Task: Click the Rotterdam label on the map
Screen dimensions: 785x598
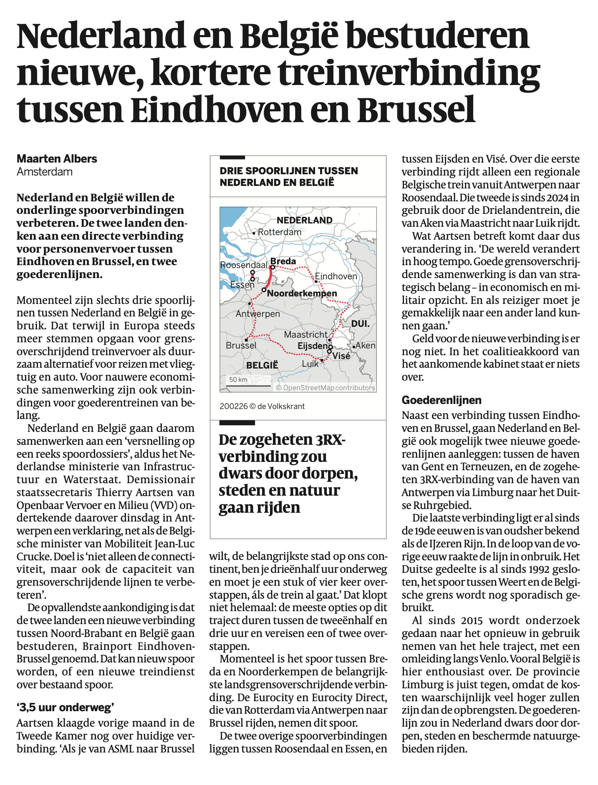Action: point(280,232)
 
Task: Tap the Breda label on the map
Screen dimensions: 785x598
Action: point(283,261)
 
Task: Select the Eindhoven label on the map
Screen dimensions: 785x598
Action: point(336,276)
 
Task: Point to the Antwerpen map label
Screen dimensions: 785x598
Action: point(258,313)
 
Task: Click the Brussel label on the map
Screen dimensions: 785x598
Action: point(241,345)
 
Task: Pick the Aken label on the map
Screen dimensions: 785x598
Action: point(366,345)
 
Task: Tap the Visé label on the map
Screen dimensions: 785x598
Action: point(341,356)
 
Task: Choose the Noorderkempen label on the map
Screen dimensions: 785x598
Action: point(302,293)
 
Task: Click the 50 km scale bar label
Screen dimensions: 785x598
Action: point(238,379)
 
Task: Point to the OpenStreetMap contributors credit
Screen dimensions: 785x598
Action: point(325,388)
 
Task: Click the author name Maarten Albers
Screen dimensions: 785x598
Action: point(57,159)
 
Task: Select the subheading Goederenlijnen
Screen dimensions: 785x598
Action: point(442,400)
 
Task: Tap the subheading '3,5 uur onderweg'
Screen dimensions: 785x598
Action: point(66,707)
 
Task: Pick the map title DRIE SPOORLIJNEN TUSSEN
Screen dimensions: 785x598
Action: point(289,171)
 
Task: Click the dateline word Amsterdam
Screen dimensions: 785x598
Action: point(45,172)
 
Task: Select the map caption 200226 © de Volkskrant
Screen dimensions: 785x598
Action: point(262,406)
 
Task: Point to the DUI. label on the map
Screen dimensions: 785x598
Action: point(360,324)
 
